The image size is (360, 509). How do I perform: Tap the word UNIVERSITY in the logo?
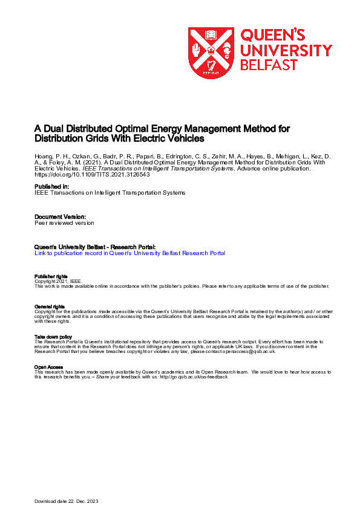tap(286, 50)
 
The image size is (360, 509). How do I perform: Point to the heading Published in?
tap(51, 186)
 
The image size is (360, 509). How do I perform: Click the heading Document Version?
tap(61, 216)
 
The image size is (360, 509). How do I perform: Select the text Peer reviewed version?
tap(64, 222)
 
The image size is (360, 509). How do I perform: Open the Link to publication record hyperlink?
tap(130, 253)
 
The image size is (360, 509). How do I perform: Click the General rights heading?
tap(50, 307)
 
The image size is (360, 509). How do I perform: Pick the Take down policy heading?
tap(53, 337)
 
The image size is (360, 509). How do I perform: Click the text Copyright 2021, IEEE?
tap(57, 281)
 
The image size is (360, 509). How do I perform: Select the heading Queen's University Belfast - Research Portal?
tap(95, 247)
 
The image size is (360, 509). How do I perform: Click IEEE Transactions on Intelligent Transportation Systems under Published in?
tap(110, 192)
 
